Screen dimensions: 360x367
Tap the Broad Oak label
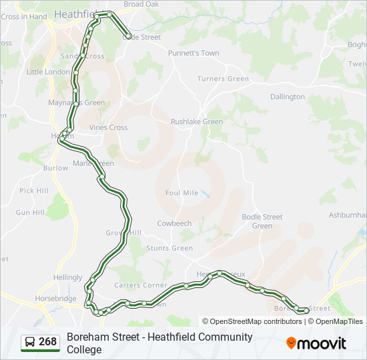tap(141, 4)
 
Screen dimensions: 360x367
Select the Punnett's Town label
tap(194, 53)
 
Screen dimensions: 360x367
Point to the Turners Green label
tap(223, 79)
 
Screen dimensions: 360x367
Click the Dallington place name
tap(287, 97)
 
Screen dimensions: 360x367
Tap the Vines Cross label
tap(108, 127)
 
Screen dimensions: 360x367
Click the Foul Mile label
tap(181, 193)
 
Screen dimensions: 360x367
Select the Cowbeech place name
tap(174, 223)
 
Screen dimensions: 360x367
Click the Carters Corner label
tap(141, 285)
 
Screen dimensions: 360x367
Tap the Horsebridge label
tap(56, 299)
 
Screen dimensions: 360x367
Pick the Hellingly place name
tap(68, 277)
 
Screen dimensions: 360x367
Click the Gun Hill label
tap(30, 212)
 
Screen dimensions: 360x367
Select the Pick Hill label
tap(34, 191)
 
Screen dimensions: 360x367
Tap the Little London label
tap(48, 71)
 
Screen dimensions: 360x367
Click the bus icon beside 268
tap(30, 342)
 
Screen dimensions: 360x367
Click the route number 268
tap(48, 342)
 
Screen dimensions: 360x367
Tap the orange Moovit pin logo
tap(291, 343)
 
